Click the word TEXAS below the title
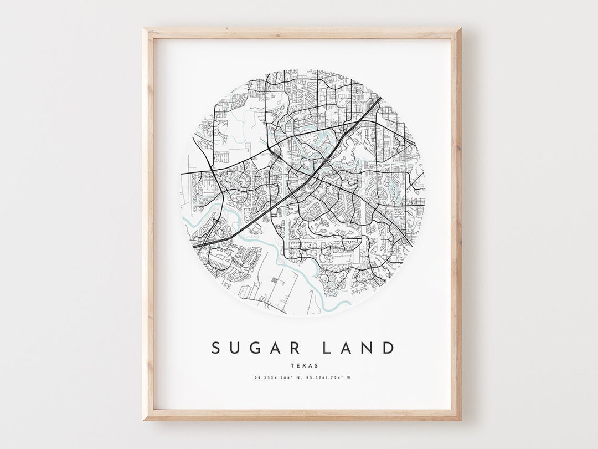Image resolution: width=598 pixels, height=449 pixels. pyautogui.click(x=303, y=365)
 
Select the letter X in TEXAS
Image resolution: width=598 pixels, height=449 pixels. pyautogui.click(x=303, y=365)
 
